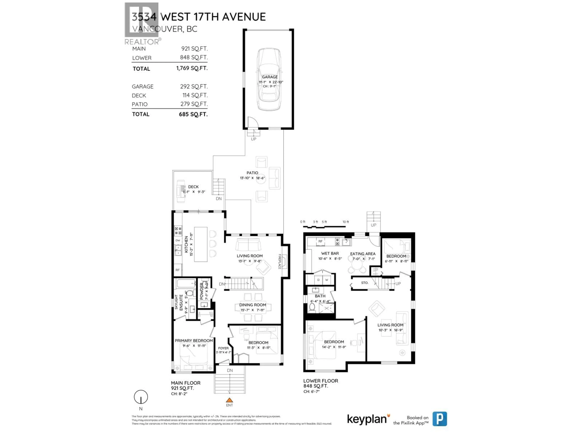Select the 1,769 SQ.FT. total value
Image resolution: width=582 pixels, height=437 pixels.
click(192, 68)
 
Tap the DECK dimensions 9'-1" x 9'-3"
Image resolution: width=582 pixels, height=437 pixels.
click(194, 192)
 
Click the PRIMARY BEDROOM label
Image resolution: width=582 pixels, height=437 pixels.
click(194, 341)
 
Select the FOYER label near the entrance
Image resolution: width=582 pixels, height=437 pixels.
click(223, 348)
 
